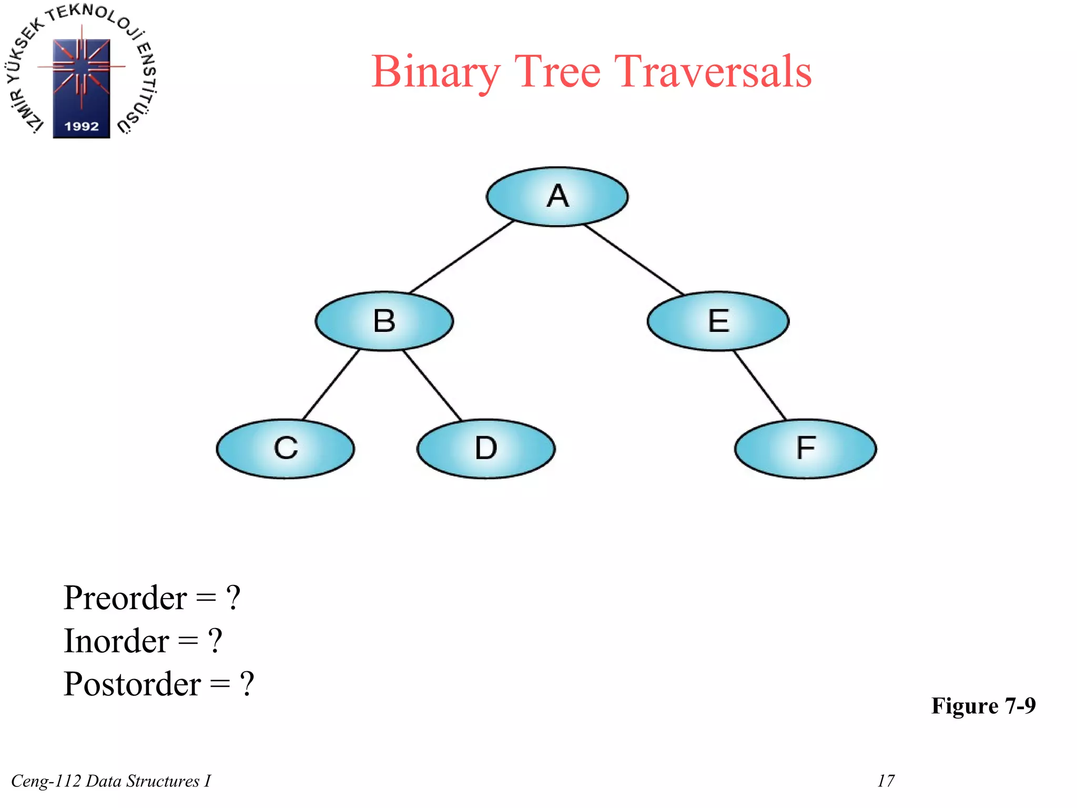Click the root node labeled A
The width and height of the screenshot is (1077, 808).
coord(557,197)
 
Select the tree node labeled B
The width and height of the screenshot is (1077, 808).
coord(384,321)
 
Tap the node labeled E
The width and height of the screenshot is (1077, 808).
coord(718,321)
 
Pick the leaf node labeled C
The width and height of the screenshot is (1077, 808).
coord(285,449)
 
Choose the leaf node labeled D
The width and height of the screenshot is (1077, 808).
coord(485,449)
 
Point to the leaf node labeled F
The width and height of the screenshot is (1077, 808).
coord(805,449)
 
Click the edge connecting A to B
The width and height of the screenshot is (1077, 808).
coord(461,257)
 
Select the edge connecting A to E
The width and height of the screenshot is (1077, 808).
coord(634,259)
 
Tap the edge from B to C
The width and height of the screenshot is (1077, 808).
coord(331,385)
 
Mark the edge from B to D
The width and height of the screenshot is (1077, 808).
coord(432,385)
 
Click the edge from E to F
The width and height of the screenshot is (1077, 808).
coord(760,385)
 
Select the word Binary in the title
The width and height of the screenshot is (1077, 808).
coord(435,73)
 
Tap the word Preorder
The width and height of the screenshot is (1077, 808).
coord(125,598)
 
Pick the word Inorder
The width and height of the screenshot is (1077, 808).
coord(116,641)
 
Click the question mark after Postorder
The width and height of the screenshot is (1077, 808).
coord(247,684)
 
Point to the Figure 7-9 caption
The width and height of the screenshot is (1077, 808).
coord(983,705)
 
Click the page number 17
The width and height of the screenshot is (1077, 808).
coord(886,781)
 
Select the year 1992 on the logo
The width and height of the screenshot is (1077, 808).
coord(82,126)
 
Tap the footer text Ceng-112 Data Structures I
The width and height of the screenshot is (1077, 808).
coord(111,781)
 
